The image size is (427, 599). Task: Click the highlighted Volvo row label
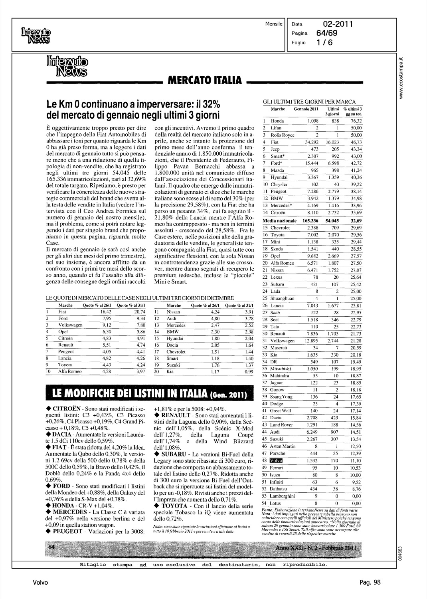click(x=276, y=460)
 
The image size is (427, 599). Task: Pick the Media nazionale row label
click(x=279, y=220)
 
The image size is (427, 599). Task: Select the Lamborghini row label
click(x=283, y=496)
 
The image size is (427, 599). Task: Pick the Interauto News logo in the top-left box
click(x=36, y=35)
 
